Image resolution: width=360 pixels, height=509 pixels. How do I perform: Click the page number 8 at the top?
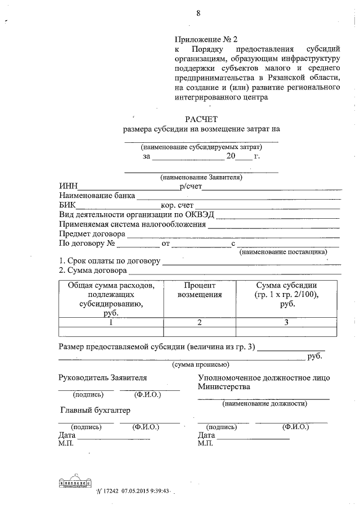pyautogui.click(x=199, y=13)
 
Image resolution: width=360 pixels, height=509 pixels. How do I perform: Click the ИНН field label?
pyautogui.click(x=68, y=187)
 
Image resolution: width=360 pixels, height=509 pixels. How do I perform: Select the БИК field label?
pyautogui.click(x=67, y=205)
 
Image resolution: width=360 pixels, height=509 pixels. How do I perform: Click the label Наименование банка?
pyautogui.click(x=97, y=196)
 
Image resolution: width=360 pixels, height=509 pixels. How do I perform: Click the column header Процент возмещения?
pyautogui.click(x=200, y=290)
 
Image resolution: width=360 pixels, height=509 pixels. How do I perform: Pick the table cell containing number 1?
pyautogui.click(x=111, y=322)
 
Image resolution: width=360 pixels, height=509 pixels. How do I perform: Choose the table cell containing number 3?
pyautogui.click(x=286, y=322)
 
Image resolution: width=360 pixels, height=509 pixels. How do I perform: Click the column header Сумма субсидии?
pyautogui.click(x=286, y=285)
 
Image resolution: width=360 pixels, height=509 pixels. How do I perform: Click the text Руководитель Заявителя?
pyautogui.click(x=103, y=377)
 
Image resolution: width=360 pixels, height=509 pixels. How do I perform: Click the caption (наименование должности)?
pyautogui.click(x=264, y=403)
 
